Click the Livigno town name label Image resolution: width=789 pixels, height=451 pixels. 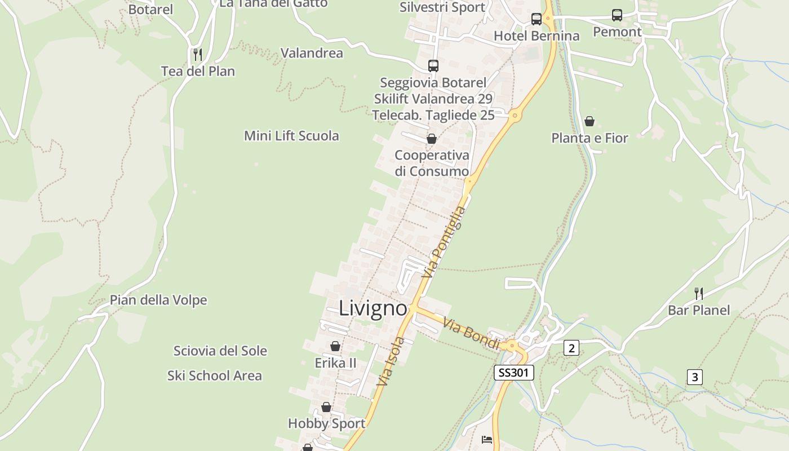[373, 308]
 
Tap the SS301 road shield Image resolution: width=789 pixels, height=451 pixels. [513, 372]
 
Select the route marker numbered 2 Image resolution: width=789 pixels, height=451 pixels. [571, 348]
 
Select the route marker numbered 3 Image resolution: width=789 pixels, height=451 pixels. [694, 377]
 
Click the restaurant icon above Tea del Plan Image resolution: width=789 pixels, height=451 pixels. [197, 55]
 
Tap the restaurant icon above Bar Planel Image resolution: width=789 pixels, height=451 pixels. [698, 293]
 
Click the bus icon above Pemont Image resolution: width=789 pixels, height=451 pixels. [617, 15]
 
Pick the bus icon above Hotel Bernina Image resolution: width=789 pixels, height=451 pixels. [536, 19]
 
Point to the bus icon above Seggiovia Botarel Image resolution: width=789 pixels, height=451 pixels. [433, 65]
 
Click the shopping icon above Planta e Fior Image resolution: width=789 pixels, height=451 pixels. [589, 121]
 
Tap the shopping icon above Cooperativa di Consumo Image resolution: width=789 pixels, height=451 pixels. [432, 138]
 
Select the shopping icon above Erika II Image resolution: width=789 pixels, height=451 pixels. [335, 346]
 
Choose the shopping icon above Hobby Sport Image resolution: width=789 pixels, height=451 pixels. [326, 406]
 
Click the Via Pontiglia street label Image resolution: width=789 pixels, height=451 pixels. [445, 242]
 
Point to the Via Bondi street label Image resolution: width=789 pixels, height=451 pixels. [471, 333]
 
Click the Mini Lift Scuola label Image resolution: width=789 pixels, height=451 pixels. [291, 136]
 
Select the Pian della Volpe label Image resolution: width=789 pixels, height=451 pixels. [158, 300]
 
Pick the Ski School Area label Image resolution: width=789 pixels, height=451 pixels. [215, 375]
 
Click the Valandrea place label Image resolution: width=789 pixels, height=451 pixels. [312, 54]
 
